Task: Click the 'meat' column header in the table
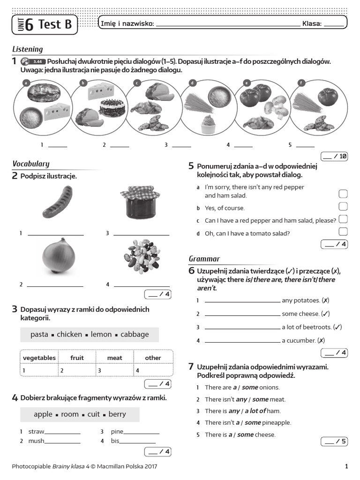[x=114, y=358]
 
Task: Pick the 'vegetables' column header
[x=39, y=358]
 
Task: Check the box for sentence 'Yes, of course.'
[x=343, y=206]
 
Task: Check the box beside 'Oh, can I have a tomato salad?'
[x=343, y=231]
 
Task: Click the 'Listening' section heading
[x=27, y=49]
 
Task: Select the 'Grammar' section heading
[x=204, y=259]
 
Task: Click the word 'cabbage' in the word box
[x=135, y=334]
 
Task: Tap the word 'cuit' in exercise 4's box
[x=93, y=414]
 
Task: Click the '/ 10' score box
[x=334, y=156]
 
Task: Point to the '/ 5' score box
[x=334, y=441]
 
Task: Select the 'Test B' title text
[x=55, y=24]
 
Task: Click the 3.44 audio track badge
[x=38, y=61]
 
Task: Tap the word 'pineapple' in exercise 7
[x=277, y=422]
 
